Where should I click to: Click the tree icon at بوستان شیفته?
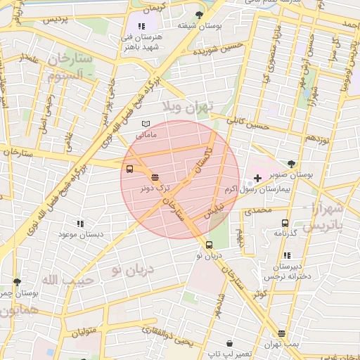tap(199, 15)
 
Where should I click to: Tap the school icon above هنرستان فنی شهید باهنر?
tap(143, 26)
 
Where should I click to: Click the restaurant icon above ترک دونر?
tap(154, 177)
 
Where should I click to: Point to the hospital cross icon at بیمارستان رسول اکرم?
tap(258, 179)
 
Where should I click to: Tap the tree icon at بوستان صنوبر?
tap(292, 164)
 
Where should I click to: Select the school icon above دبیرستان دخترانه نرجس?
tap(286, 256)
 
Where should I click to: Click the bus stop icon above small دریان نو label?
tap(209, 245)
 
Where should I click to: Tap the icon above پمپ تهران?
tap(282, 334)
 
